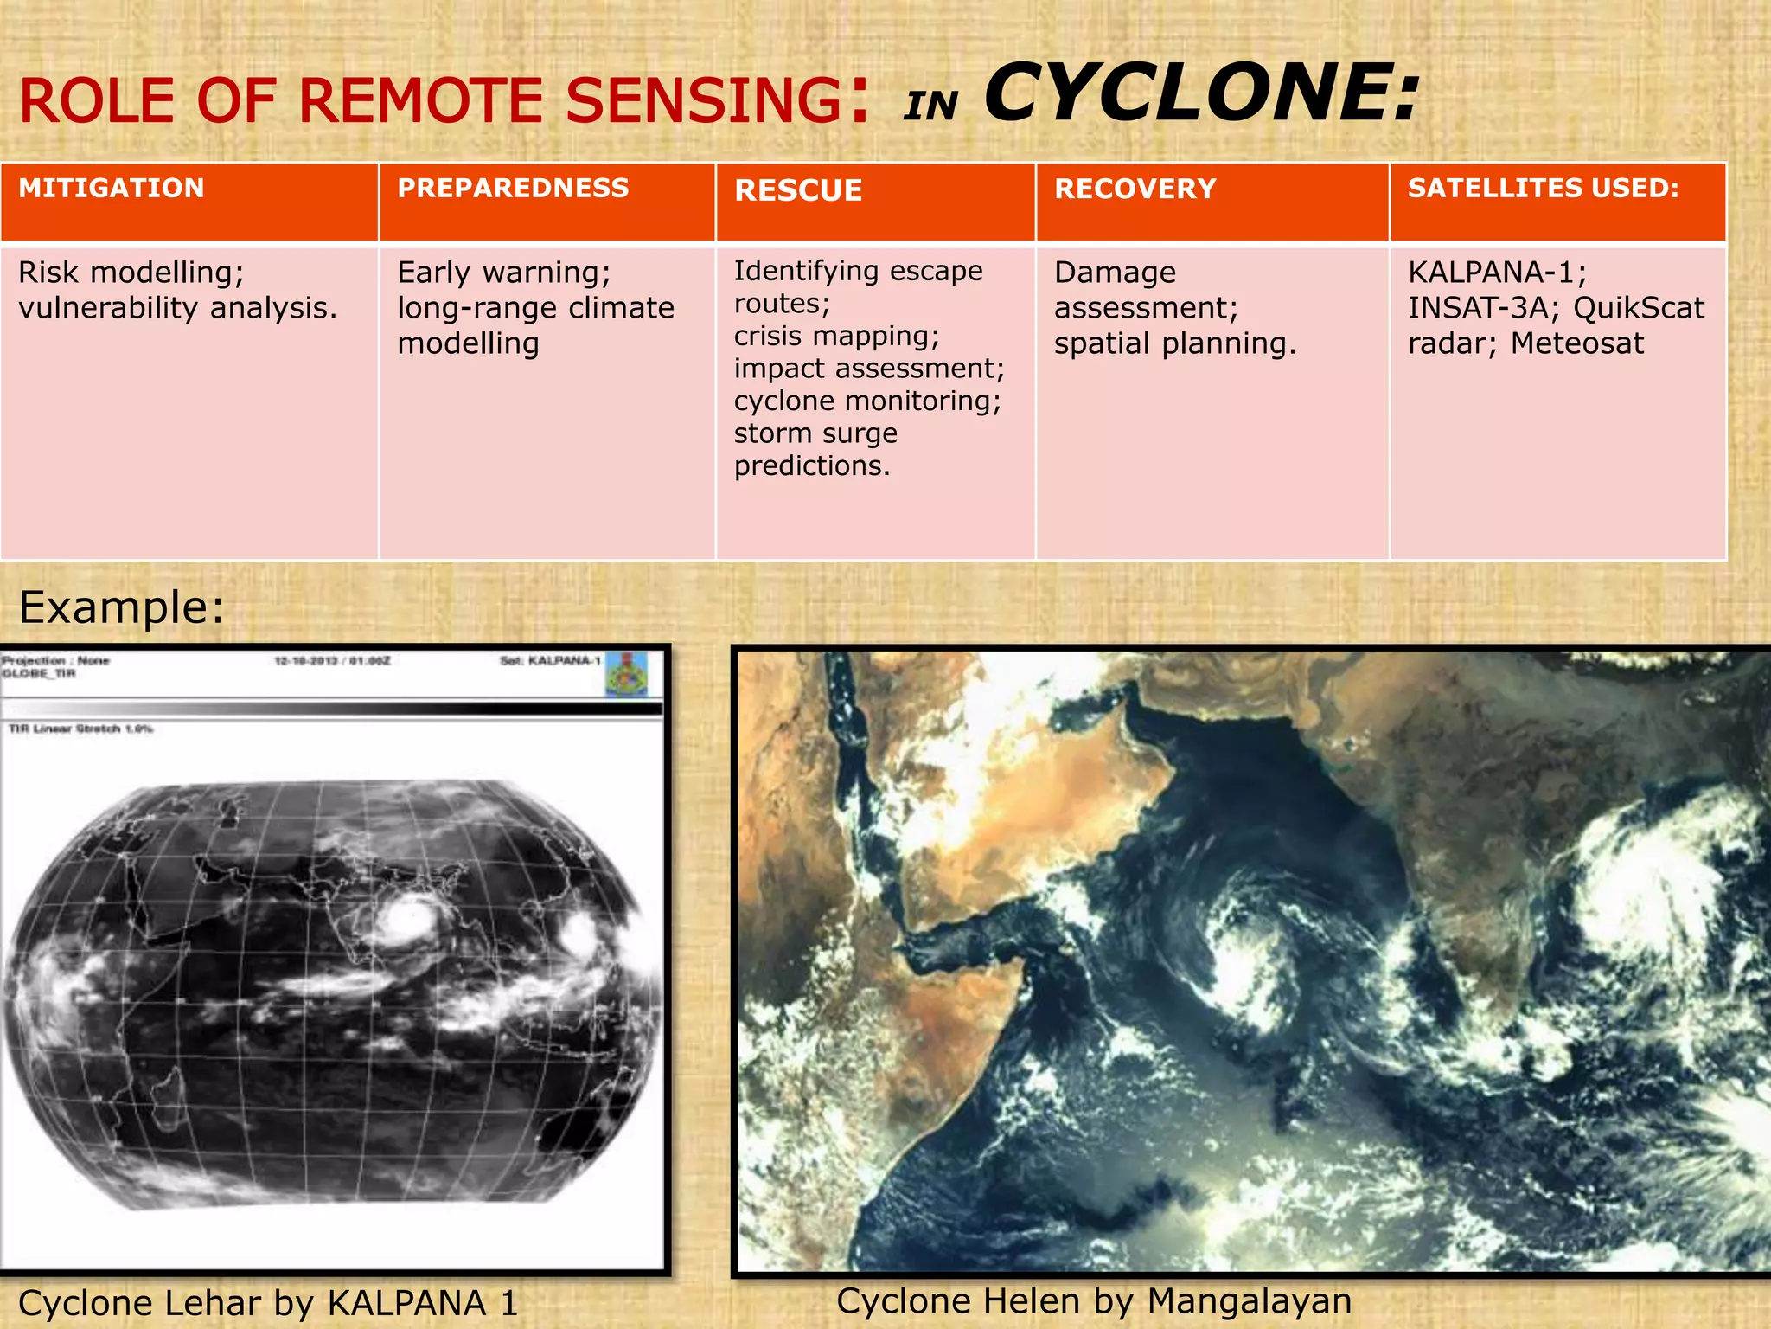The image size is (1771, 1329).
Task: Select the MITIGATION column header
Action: coord(112,189)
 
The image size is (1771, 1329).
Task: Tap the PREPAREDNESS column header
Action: coord(513,189)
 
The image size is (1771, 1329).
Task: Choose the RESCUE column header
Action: coord(797,191)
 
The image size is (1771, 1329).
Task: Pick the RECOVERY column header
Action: coord(1135,189)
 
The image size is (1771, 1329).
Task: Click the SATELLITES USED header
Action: coord(1543,189)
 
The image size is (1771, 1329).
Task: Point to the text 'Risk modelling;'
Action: coord(131,273)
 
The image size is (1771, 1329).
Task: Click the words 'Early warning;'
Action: coord(503,273)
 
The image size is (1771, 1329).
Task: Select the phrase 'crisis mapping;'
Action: coord(835,336)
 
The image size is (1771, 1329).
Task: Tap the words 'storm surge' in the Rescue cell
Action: coord(815,433)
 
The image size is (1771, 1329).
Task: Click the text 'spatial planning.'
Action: coord(1174,343)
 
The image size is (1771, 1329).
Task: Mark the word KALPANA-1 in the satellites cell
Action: coord(1496,273)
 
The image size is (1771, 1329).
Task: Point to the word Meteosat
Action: coord(1576,343)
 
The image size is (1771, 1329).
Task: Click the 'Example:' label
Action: coord(121,607)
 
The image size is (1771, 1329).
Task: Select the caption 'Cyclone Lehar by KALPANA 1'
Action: coord(268,1303)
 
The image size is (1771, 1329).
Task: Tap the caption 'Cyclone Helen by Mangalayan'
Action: coord(1093,1301)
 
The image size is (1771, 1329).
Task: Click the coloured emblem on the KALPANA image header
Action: coord(626,674)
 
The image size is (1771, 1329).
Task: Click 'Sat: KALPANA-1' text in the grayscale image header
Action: coord(550,661)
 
